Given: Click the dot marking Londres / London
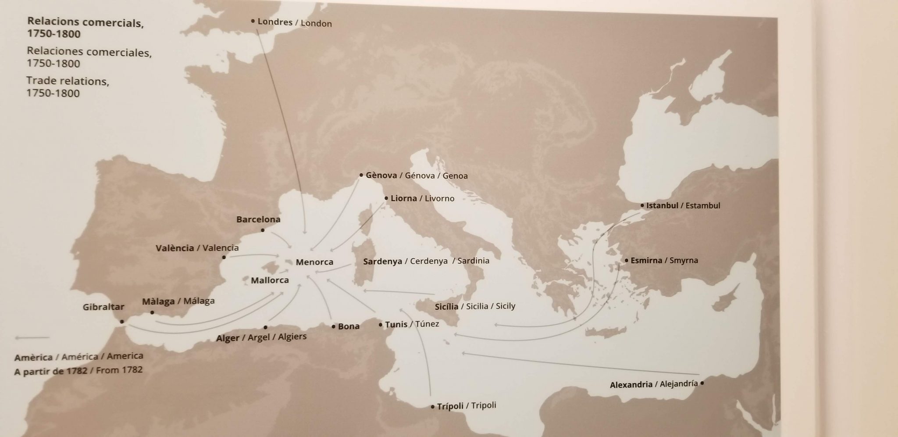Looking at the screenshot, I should tap(253, 21).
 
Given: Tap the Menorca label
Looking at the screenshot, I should tap(314, 262).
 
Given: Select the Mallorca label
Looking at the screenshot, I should tap(270, 280).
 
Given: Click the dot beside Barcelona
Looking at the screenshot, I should tap(263, 230).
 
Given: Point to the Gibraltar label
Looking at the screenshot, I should tap(103, 307).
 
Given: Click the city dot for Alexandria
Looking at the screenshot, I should tap(702, 383).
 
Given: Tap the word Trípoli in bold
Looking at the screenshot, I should tap(450, 406).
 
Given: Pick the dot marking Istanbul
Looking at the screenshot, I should tap(642, 205).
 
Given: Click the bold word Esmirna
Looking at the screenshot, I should tap(646, 260).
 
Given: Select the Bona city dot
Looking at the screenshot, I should tap(334, 326).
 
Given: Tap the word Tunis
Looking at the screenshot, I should tap(396, 325).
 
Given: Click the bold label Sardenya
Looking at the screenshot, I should tap(382, 261).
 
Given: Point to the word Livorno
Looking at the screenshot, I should tap(439, 199).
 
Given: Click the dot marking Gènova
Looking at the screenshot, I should tap(361, 175).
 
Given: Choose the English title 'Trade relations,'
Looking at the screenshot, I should tap(68, 81).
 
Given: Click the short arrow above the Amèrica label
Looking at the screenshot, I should tap(32, 338).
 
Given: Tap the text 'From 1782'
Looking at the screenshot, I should tap(119, 370).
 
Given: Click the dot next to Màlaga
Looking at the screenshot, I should tap(152, 312).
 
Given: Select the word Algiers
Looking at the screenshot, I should tap(292, 337).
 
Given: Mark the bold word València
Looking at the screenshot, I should tap(175, 248).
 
